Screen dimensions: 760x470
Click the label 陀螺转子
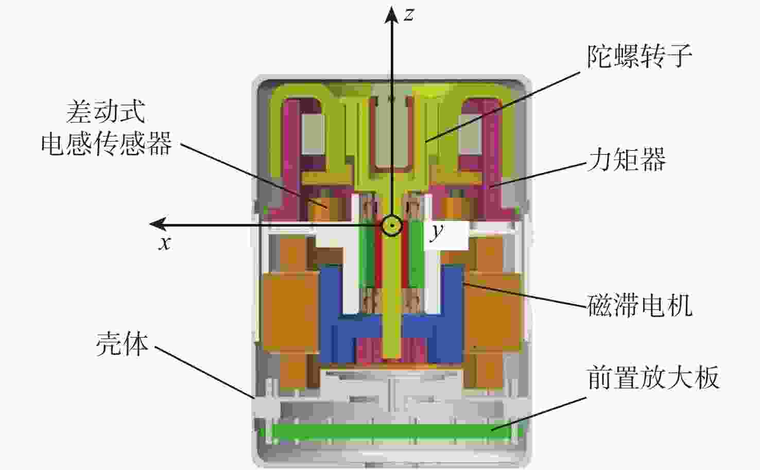pos(639,56)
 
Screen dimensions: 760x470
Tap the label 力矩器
pos(627,160)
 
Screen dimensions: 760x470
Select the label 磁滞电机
pos(640,305)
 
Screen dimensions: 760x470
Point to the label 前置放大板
pos(653,377)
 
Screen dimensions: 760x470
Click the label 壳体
pos(122,344)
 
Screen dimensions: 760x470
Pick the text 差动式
pos(106,112)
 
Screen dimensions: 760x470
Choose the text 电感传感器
pos(106,143)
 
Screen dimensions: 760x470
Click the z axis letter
pos(409,14)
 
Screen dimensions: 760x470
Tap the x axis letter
pos(165,243)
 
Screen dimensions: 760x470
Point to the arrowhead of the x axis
pos(158,224)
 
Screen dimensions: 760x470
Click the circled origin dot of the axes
pos(392,225)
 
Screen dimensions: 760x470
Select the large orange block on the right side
pos(492,312)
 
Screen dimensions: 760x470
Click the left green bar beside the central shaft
pos(367,254)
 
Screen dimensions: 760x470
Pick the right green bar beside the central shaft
pos(416,254)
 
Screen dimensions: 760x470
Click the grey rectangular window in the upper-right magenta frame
pos(470,134)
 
